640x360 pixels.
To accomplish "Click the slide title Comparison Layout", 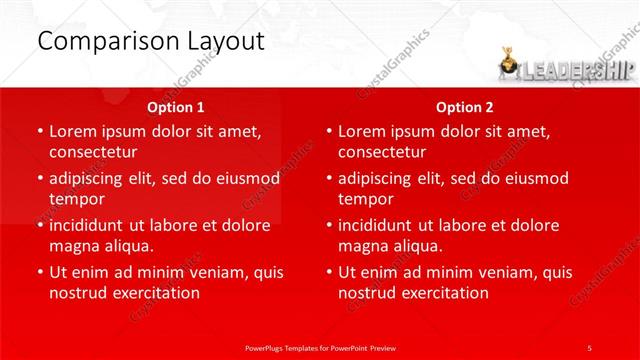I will [150, 41].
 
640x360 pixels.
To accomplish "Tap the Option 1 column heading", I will [176, 107].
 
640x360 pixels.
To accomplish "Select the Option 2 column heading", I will [465, 107].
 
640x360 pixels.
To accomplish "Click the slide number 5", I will [590, 347].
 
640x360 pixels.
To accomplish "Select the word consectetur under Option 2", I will [382, 152].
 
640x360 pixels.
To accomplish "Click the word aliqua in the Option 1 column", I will [127, 246].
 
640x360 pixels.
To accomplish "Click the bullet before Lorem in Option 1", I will [40, 132].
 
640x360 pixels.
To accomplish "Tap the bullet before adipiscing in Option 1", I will [40, 179].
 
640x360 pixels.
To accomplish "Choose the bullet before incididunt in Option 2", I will [329, 226].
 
